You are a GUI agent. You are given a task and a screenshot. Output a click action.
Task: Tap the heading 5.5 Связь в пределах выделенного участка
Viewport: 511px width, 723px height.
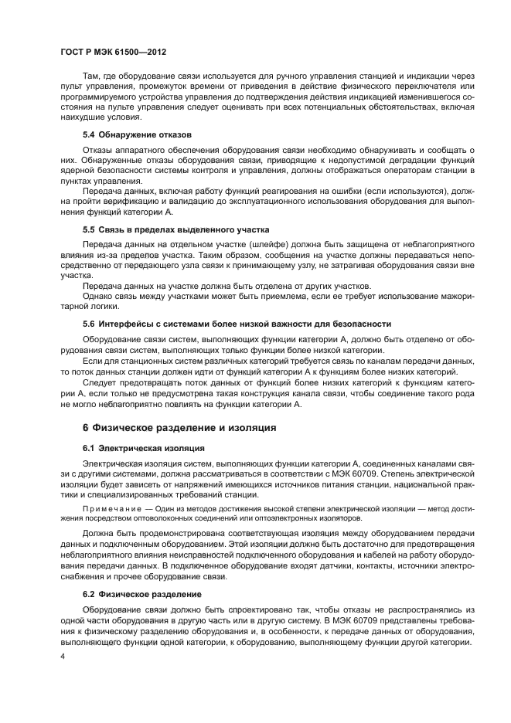pyautogui.click(x=175, y=229)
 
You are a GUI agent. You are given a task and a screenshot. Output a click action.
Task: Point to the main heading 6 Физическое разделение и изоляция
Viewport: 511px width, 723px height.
pyautogui.click(x=179, y=427)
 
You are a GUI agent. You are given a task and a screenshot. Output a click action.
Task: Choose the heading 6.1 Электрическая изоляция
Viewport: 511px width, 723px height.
pyautogui.click(x=144, y=447)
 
